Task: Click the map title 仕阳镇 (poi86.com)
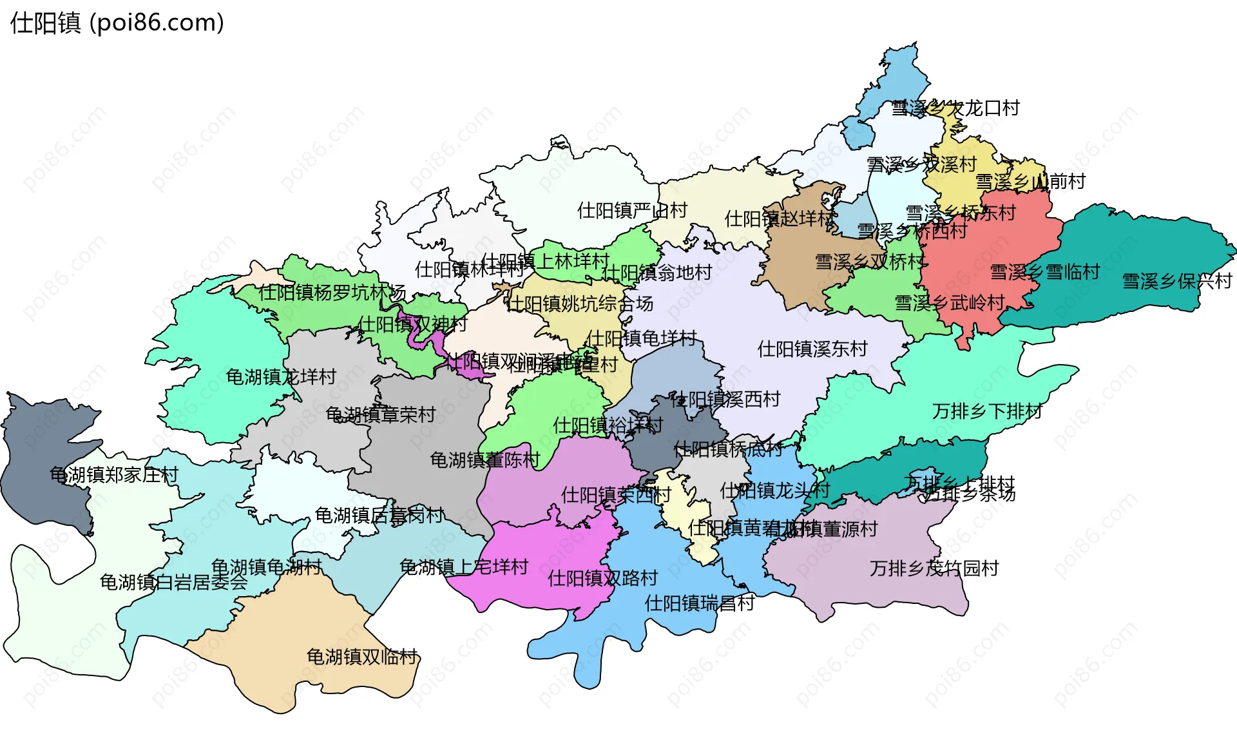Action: coord(117,23)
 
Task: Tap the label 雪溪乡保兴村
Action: coord(1176,282)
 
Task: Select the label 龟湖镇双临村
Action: coord(362,657)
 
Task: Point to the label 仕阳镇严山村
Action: coord(632,211)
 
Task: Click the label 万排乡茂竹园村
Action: coord(934,568)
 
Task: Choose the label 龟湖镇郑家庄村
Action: coord(114,475)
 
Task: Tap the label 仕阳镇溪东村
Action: coord(812,349)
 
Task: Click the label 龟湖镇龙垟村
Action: coord(281,377)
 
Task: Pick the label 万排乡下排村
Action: coord(987,411)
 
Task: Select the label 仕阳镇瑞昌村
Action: coord(700,603)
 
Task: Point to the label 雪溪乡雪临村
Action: coord(1044,272)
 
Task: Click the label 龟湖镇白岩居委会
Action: coord(173,583)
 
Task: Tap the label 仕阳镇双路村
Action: coord(602,578)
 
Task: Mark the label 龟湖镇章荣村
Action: coord(381,414)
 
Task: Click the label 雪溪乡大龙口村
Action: coord(955,108)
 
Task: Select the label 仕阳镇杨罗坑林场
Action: coord(332,293)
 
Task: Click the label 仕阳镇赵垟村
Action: coord(780,219)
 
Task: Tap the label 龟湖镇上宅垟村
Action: coord(464,567)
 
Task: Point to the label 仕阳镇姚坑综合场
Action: coord(580,304)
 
